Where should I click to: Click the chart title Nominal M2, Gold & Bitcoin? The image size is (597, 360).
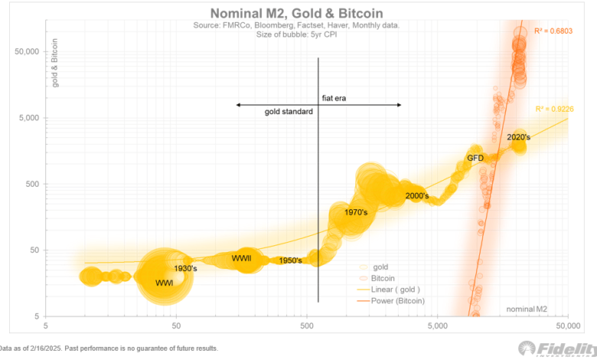click(x=298, y=13)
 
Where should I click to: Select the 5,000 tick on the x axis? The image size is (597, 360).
click(x=437, y=324)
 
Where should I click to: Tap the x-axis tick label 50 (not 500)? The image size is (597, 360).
click(x=177, y=324)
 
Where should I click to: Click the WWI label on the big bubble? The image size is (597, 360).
click(x=164, y=283)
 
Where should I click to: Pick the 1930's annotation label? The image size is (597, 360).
click(x=186, y=268)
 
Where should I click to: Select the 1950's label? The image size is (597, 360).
click(x=290, y=260)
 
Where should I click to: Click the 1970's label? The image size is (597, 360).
click(x=357, y=212)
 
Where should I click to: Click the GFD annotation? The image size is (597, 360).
click(x=475, y=158)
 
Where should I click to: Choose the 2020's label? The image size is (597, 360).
click(x=518, y=137)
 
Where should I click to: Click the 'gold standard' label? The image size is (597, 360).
click(x=289, y=112)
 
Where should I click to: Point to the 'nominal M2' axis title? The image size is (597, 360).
click(x=526, y=308)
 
